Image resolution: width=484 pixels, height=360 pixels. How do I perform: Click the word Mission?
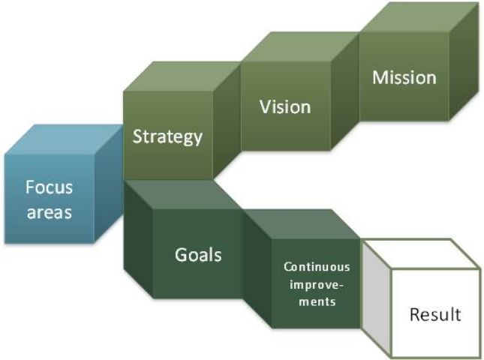point(405,77)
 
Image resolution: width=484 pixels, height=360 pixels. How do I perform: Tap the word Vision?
point(284,106)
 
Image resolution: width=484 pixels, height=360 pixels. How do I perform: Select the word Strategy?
point(167,136)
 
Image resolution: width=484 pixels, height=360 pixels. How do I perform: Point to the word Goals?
point(198,254)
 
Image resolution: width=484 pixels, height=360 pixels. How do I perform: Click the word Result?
point(435,314)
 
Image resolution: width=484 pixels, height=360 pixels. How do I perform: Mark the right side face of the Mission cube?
point(463,67)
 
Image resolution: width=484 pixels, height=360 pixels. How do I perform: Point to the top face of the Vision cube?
point(300,49)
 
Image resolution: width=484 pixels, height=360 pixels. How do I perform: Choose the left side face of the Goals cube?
point(138,236)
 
